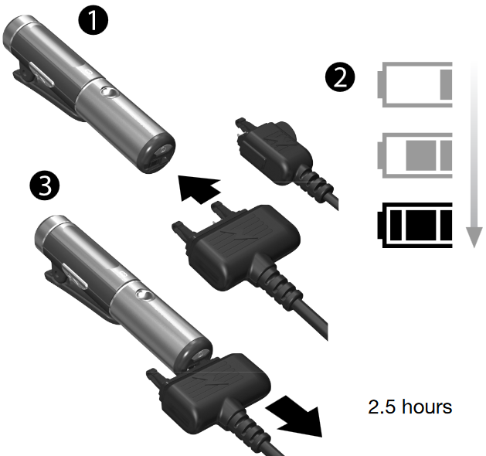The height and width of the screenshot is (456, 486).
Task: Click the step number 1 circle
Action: point(93,20)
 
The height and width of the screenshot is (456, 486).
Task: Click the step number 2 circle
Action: point(340,77)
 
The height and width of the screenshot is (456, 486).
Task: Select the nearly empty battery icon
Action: point(415,84)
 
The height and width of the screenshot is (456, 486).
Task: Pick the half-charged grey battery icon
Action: point(415,155)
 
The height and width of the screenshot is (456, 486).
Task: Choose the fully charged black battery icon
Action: point(415,226)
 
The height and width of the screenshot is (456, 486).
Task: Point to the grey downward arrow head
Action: point(474,237)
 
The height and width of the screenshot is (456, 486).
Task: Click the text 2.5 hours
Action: point(410,407)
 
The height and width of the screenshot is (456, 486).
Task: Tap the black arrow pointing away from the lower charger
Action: point(294,417)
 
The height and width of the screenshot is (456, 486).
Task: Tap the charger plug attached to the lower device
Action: point(211,393)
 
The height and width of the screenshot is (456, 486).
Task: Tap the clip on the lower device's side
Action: point(74,294)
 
